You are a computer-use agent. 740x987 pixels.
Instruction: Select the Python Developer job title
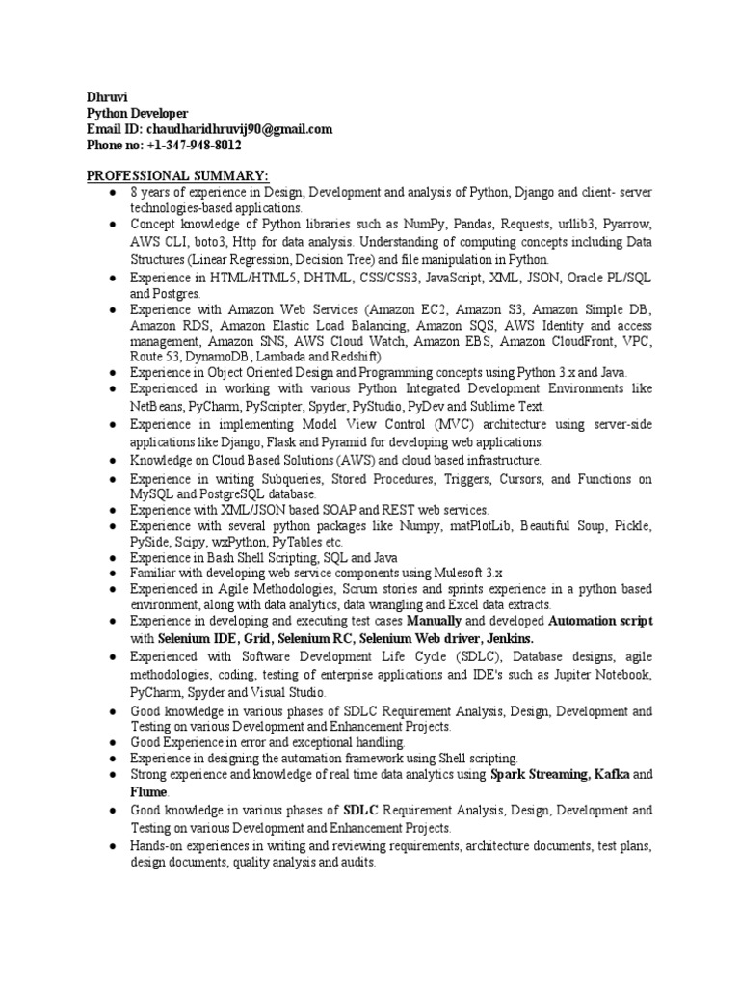139,113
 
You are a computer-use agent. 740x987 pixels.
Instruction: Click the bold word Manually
436,622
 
